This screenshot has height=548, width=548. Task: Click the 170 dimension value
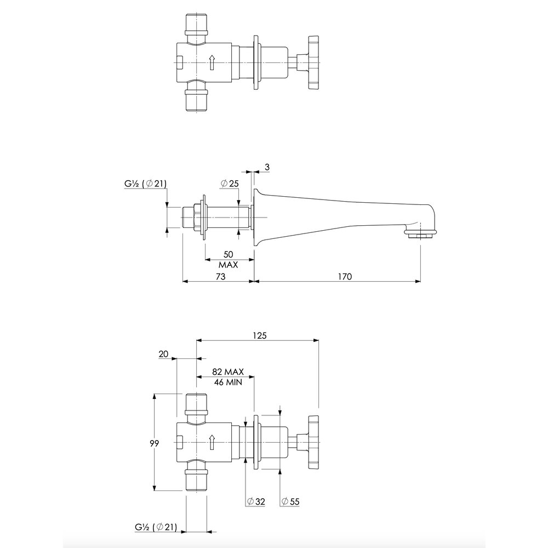345,276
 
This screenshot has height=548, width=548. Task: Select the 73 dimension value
221,276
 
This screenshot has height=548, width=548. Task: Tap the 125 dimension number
260,335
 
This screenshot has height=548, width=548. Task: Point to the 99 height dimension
154,443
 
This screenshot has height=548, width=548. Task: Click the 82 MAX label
228,372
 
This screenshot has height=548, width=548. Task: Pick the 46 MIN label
228,382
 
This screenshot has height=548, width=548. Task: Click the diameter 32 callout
256,501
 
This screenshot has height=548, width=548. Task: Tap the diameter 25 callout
230,183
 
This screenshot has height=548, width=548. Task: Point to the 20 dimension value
163,354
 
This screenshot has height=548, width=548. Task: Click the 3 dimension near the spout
267,167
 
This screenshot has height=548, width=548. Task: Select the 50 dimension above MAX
228,254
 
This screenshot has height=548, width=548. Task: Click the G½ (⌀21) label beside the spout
145,183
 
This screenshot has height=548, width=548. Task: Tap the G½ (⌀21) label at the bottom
156,527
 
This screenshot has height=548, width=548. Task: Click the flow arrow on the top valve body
212,62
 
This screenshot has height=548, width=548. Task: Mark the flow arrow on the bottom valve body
212,442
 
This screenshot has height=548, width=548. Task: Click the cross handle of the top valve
313,62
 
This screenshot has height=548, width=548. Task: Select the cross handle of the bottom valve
313,442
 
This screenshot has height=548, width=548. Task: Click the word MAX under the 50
228,265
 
